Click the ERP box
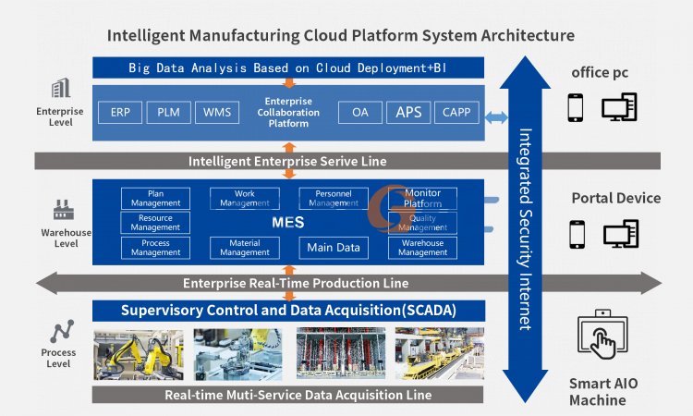[x=120, y=112]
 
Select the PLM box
[x=168, y=112]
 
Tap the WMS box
[x=217, y=112]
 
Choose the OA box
[x=359, y=112]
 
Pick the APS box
[x=407, y=112]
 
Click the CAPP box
[x=456, y=112]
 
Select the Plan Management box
[x=155, y=198]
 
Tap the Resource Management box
[x=155, y=223]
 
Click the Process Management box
[x=155, y=247]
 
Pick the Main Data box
[x=333, y=247]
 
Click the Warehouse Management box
[x=422, y=247]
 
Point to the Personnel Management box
[x=333, y=198]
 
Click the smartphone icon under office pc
[x=577, y=108]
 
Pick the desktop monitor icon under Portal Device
[x=621, y=234]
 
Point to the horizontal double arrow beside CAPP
[x=498, y=116]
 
